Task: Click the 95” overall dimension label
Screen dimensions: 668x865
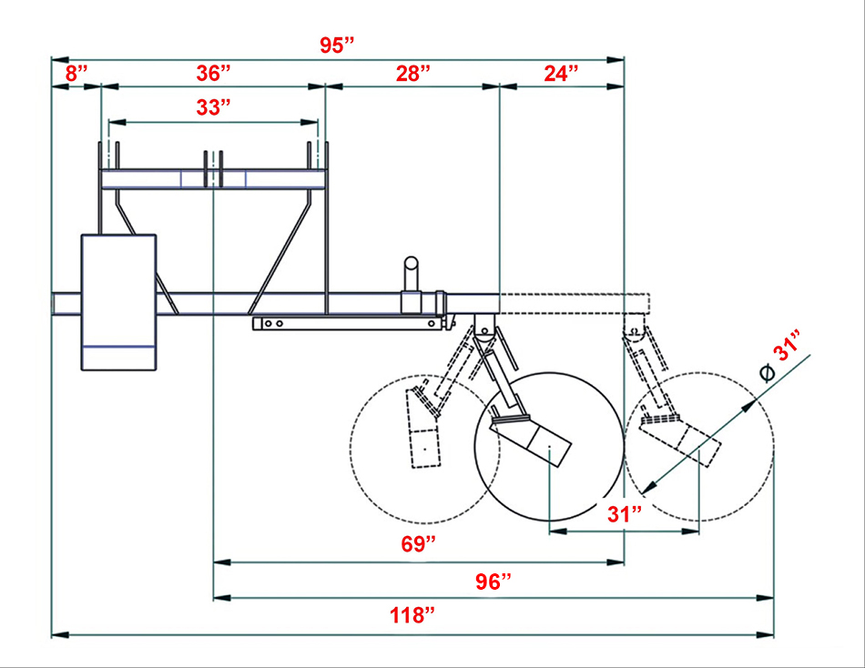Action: (337, 45)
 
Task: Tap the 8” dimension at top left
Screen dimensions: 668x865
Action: (76, 74)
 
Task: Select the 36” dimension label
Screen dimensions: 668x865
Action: (214, 74)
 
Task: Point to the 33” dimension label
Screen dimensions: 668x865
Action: (213, 107)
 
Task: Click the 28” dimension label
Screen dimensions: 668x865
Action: (412, 74)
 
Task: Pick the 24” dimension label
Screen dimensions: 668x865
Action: (561, 74)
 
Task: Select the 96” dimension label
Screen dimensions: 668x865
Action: (494, 582)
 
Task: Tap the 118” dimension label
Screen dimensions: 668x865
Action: (412, 616)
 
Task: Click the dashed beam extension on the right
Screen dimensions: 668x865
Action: (574, 300)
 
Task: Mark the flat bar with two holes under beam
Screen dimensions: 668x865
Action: (346, 322)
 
